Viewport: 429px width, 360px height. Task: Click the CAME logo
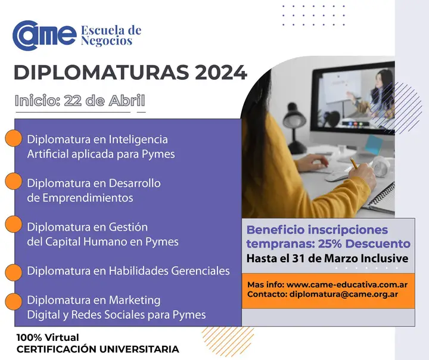pyautogui.click(x=44, y=35)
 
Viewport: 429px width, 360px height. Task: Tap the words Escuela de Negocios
pyautogui.click(x=111, y=35)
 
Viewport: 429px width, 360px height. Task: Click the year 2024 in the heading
pyautogui.click(x=221, y=73)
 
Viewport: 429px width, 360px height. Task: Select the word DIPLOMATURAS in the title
pyautogui.click(x=101, y=73)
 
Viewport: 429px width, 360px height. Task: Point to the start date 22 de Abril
pyautogui.click(x=104, y=100)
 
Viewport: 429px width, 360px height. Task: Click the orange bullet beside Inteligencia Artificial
pyautogui.click(x=13, y=138)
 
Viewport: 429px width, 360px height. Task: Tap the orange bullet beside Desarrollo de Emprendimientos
pyautogui.click(x=13, y=181)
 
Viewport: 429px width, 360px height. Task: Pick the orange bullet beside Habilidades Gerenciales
pyautogui.click(x=13, y=272)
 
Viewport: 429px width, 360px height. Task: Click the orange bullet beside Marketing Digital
pyautogui.click(x=13, y=302)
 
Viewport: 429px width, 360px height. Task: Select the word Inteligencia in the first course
pyautogui.click(x=138, y=139)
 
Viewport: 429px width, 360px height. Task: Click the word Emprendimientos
pyautogui.click(x=88, y=198)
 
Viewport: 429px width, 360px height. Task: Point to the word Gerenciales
pyautogui.click(x=200, y=271)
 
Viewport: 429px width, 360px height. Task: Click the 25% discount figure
pyautogui.click(x=327, y=244)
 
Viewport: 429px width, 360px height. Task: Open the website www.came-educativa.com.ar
pyautogui.click(x=347, y=285)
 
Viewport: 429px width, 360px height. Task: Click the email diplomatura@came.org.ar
pyautogui.click(x=344, y=294)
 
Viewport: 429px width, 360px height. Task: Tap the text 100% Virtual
pyautogui.click(x=48, y=337)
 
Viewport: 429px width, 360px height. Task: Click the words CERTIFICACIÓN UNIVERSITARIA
pyautogui.click(x=98, y=349)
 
